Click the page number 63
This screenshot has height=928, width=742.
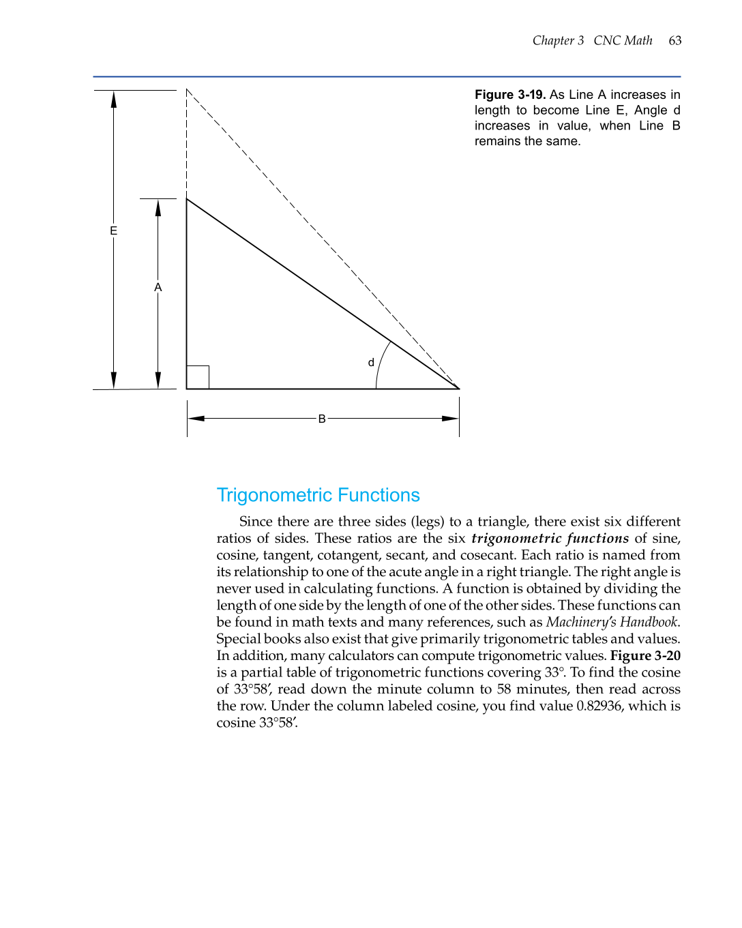point(674,41)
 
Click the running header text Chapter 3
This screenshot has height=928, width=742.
point(558,41)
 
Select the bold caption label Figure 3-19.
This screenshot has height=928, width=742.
point(510,95)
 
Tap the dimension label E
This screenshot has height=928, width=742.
point(114,231)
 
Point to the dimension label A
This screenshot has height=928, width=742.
point(158,288)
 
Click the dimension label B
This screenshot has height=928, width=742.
point(322,419)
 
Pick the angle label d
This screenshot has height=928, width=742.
point(371,363)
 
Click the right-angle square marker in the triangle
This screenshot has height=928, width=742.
point(198,378)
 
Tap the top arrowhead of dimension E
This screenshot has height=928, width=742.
point(114,100)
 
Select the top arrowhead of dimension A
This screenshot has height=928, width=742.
point(158,208)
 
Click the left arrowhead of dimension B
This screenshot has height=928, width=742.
point(196,419)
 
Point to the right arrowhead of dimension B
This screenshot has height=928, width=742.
point(450,419)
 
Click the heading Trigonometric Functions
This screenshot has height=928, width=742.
point(318,495)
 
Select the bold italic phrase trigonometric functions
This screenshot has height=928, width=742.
point(550,538)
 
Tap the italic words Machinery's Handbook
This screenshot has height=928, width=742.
point(612,622)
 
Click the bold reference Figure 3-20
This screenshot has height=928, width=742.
point(645,655)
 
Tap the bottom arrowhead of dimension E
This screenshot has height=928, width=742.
point(114,380)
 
